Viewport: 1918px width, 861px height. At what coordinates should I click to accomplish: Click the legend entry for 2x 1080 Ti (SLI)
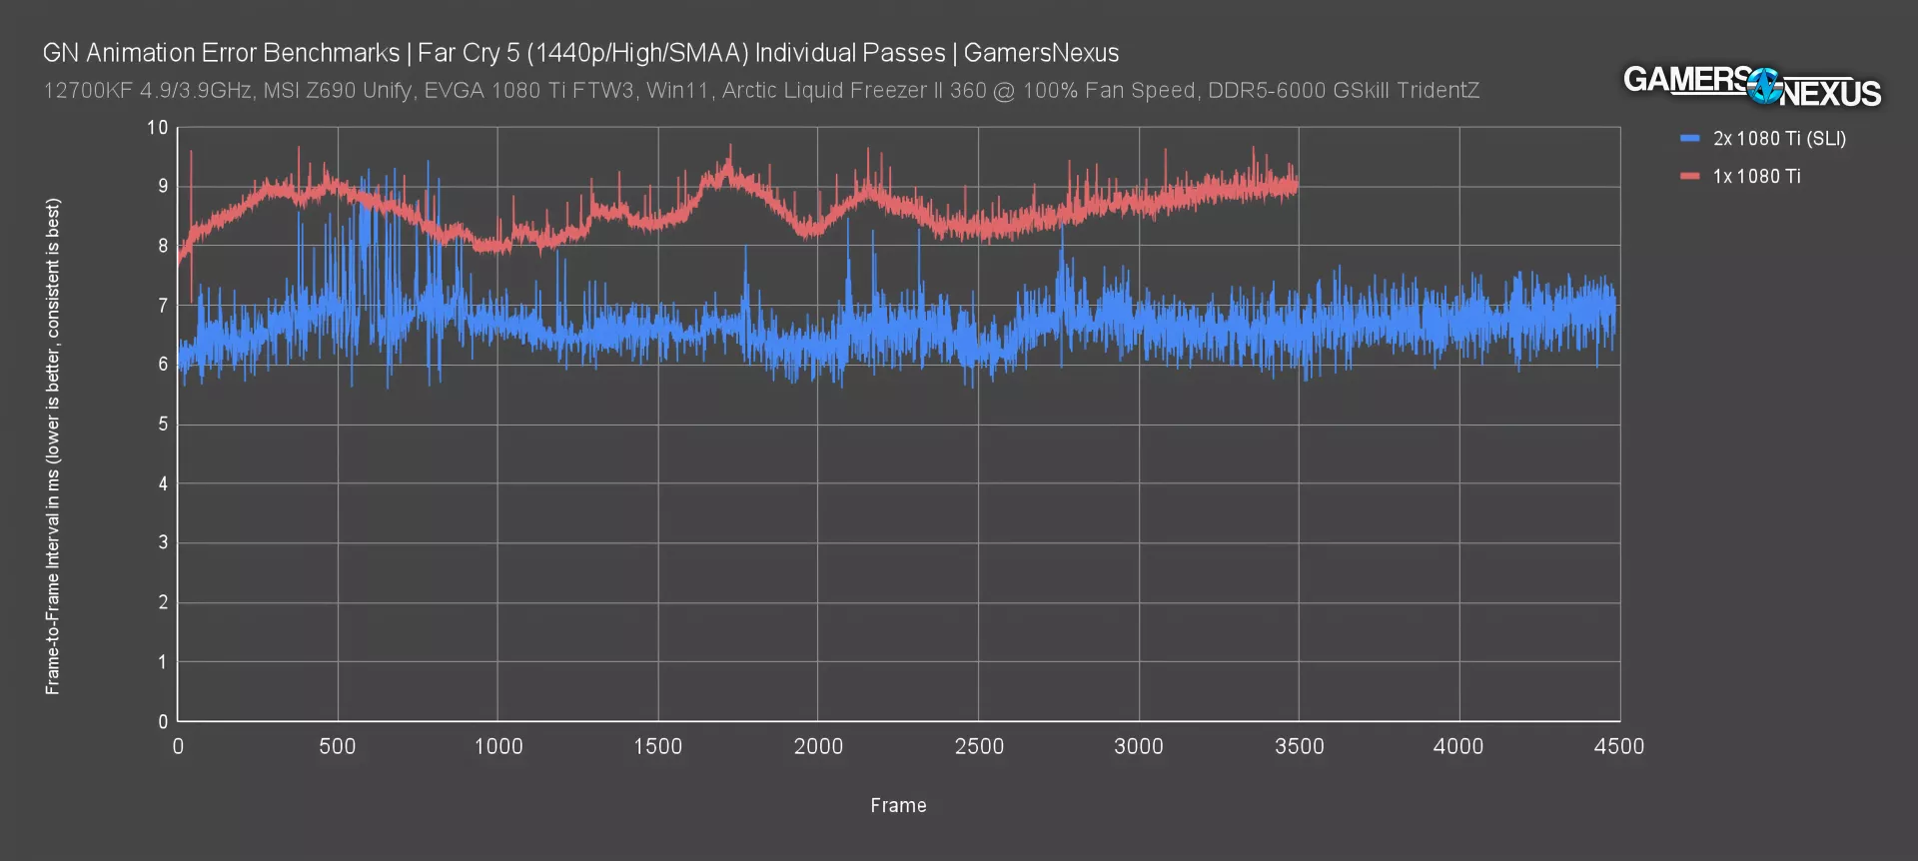point(1779,139)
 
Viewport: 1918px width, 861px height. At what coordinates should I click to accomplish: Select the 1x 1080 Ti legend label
point(1756,177)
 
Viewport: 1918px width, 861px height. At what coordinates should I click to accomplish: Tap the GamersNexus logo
point(1751,86)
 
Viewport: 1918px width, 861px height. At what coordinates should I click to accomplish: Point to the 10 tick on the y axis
point(157,128)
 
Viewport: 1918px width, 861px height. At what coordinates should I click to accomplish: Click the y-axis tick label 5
point(163,425)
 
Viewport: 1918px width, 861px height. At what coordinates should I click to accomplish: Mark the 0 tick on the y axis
point(163,721)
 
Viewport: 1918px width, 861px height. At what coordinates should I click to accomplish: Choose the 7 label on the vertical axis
point(163,306)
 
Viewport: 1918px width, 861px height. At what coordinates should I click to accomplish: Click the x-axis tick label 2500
point(978,747)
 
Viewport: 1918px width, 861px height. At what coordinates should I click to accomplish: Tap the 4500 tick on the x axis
point(1618,747)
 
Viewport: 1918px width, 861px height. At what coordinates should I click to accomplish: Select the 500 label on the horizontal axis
point(338,747)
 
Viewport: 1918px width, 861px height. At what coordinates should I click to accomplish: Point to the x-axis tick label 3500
point(1299,747)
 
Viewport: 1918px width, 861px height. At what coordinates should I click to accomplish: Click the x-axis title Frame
point(898,806)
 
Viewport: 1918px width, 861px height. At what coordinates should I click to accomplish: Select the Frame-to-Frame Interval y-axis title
point(53,445)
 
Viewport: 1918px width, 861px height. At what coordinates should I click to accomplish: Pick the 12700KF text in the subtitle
point(87,91)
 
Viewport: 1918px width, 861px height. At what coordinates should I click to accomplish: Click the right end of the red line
point(1297,186)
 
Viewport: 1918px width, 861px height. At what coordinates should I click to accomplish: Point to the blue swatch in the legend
point(1690,139)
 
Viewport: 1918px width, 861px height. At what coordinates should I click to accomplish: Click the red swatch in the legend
point(1690,177)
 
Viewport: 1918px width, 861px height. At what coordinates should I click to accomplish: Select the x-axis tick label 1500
point(657,747)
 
